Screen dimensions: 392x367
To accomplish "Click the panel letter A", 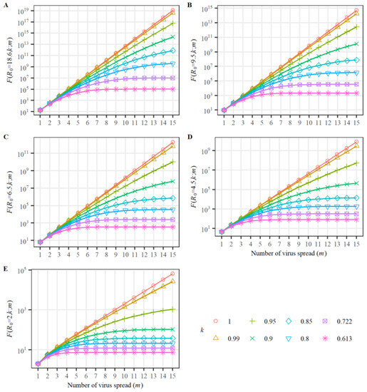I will [x=6, y=5].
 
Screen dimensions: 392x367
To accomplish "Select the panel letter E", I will [x=6, y=267].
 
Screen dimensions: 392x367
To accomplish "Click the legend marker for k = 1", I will [x=215, y=321].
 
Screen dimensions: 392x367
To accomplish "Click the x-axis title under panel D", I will [x=281, y=252].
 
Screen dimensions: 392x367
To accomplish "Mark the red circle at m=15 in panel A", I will [x=173, y=11].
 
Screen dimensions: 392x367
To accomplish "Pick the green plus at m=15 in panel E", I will [x=173, y=309].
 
